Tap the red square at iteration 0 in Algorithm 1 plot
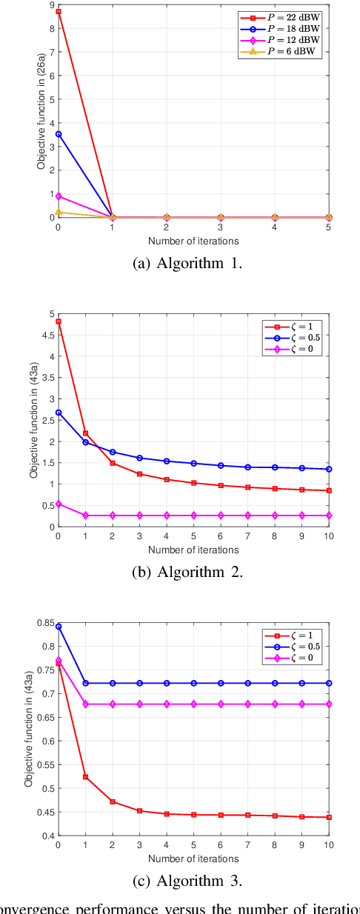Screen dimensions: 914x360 pos(59,12)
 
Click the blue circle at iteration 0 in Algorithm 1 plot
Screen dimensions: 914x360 pos(59,134)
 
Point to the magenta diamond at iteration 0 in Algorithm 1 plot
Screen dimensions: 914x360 pos(59,196)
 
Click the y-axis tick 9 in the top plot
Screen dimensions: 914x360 pos(50,4)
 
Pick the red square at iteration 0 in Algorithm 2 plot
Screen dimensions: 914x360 pos(59,321)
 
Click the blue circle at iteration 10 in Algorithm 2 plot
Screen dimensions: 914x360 pos(328,469)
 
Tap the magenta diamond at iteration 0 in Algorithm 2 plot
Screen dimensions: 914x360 pos(59,504)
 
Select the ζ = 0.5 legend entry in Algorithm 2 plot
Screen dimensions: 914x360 pos(293,337)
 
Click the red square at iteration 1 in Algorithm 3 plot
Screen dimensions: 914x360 pos(85,777)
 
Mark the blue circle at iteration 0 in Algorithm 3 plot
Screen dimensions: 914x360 pos(59,627)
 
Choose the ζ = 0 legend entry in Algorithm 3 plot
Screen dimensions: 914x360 pos(293,658)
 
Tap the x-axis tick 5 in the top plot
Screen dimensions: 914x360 pos(328,229)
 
